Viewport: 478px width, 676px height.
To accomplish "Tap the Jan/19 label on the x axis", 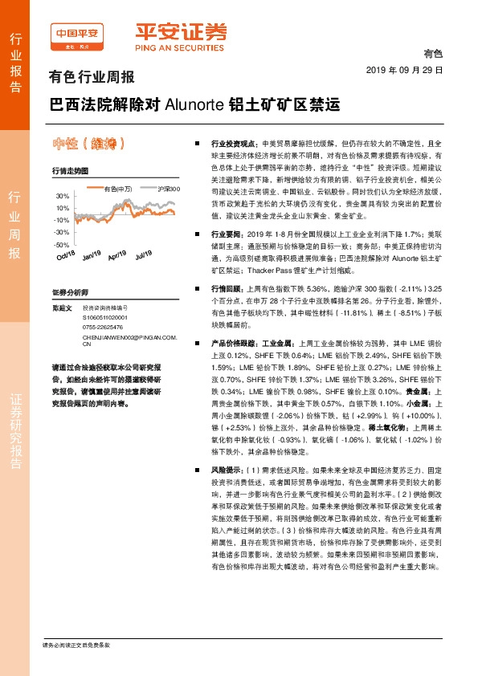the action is click(x=92, y=255).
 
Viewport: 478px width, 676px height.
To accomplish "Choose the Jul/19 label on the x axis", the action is click(x=144, y=255).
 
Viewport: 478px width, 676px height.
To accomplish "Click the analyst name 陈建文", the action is click(x=62, y=307).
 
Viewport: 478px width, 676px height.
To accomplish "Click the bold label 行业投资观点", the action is click(x=233, y=141).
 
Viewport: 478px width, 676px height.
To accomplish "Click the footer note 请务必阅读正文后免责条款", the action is click(x=76, y=645).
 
